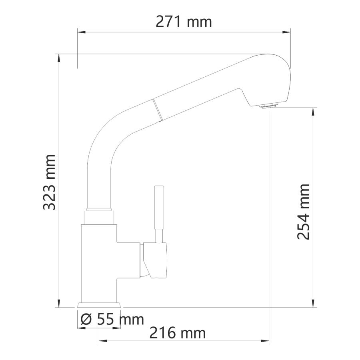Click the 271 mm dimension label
coord(184,22)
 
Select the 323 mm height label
coord(50,182)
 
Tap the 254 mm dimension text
coord(304,212)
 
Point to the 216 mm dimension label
coord(178,332)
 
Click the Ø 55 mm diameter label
coord(112,319)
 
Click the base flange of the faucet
coord(99,305)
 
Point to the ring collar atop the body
coord(99,216)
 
